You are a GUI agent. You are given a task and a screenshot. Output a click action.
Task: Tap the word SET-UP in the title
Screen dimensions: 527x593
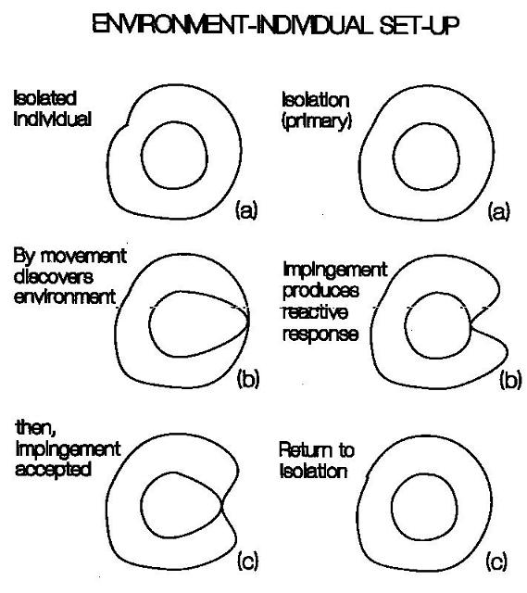[x=420, y=25]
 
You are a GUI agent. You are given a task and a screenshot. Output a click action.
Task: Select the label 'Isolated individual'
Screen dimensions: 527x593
[x=52, y=108]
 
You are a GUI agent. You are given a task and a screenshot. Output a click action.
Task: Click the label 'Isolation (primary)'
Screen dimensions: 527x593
[x=317, y=111]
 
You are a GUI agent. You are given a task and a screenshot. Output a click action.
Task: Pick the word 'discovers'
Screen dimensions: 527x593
[x=54, y=277]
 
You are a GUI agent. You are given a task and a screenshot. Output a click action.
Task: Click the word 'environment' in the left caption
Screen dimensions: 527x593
[x=65, y=297]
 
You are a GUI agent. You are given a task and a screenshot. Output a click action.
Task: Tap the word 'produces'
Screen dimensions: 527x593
[x=321, y=290]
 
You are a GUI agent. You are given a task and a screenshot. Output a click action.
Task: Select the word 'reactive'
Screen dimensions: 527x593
[x=315, y=312]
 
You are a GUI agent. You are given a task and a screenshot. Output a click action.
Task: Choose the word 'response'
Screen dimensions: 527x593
[x=320, y=334]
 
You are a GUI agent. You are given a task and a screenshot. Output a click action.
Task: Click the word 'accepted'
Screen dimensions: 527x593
[x=54, y=470]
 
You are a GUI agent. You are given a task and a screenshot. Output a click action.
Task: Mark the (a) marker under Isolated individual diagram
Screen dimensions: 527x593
[x=246, y=209]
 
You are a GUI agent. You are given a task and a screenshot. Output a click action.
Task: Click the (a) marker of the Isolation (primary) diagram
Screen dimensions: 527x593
[x=498, y=211]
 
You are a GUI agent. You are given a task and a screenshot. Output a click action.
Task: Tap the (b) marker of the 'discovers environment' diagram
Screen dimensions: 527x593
[x=248, y=379]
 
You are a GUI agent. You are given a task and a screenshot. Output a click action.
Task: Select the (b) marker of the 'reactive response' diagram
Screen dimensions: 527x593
[x=510, y=379]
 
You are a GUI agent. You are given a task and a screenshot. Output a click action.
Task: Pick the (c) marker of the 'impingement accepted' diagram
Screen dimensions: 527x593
[x=248, y=561]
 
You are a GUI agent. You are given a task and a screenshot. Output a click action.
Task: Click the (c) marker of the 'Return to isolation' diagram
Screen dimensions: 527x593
[x=496, y=561]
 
